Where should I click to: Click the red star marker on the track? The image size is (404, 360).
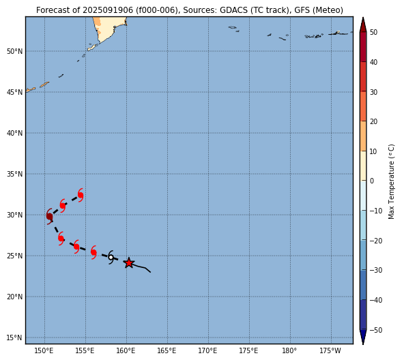[x=129, y=263]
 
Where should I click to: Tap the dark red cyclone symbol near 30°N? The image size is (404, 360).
[x=49, y=216]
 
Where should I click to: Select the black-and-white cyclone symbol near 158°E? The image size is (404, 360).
[x=111, y=257]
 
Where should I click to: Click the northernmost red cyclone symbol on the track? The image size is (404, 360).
[x=81, y=195]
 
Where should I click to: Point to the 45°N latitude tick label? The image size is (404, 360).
[x=14, y=92]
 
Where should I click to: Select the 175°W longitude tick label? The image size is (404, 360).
[x=330, y=350]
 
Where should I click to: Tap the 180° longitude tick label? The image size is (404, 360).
[x=289, y=350]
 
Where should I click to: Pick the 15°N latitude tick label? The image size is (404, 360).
[x=14, y=337]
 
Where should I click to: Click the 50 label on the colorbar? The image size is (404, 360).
[x=373, y=32]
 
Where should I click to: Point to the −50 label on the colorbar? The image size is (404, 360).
[x=375, y=330]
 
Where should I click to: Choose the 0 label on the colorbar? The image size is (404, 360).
[x=372, y=181]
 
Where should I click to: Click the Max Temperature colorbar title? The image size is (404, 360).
[x=391, y=181]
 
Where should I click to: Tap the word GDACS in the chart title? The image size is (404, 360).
[x=233, y=10]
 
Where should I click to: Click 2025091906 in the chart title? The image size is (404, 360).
[x=108, y=10]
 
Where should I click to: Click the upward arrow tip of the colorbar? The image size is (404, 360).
[x=363, y=17]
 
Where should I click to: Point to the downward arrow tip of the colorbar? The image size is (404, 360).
[x=363, y=344]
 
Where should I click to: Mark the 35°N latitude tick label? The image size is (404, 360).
[x=14, y=174]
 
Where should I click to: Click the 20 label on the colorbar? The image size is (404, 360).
[x=373, y=121]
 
